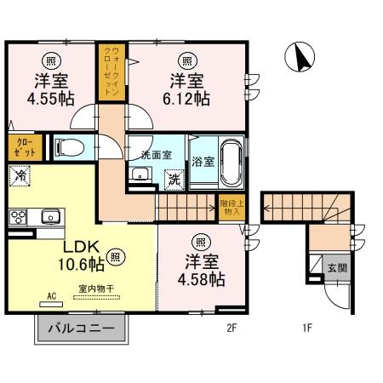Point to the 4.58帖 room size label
click(202, 278)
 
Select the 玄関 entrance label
click(337, 268)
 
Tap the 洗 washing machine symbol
click(173, 180)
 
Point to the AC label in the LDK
click(50, 297)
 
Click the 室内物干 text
click(94, 288)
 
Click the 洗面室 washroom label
click(156, 155)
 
